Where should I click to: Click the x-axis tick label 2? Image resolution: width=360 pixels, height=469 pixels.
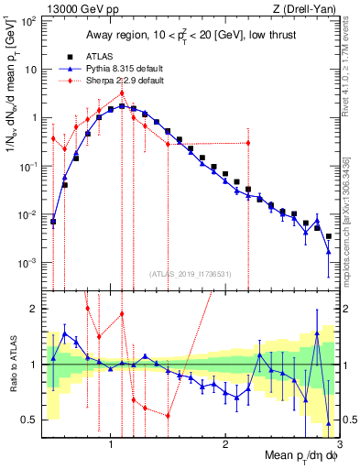click(x=225, y=444)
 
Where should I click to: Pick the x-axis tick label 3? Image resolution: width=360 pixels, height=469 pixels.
click(x=338, y=444)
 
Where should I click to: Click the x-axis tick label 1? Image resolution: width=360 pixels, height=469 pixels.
click(x=111, y=444)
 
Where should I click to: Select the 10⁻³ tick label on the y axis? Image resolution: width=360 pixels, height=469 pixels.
click(x=27, y=263)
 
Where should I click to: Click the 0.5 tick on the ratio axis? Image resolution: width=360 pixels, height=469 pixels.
click(x=29, y=420)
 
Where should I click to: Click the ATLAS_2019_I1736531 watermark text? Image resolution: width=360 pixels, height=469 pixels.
click(x=191, y=273)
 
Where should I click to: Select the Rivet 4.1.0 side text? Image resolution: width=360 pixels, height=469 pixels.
click(x=352, y=64)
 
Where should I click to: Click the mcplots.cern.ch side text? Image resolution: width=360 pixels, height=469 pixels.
click(x=352, y=211)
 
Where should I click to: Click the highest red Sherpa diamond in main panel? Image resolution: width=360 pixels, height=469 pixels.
click(x=122, y=93)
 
